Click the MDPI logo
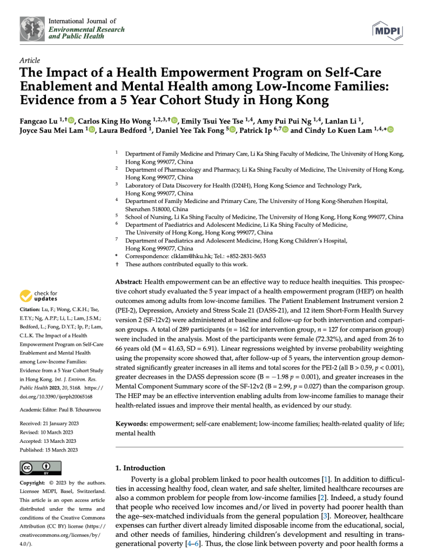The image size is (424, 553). point(387,31)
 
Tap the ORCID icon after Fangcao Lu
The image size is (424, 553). point(71,120)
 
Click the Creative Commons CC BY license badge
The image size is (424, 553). point(40,468)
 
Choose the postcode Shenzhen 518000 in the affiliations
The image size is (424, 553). point(157,209)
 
